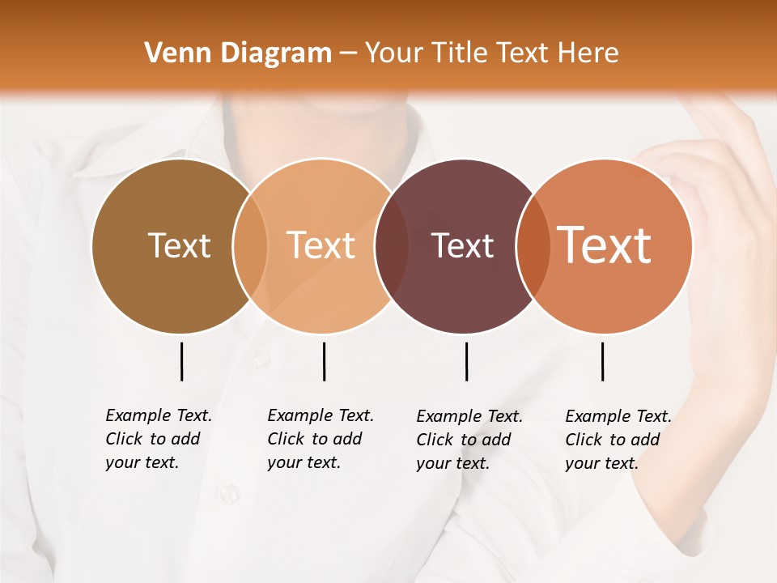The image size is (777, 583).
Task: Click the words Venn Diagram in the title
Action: click(x=238, y=53)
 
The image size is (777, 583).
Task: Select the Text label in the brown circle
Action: click(x=179, y=245)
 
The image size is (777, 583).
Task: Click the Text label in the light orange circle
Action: click(x=321, y=245)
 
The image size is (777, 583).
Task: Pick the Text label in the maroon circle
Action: click(x=462, y=245)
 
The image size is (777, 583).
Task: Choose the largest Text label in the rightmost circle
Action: click(x=605, y=245)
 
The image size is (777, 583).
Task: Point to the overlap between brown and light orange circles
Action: click(x=250, y=246)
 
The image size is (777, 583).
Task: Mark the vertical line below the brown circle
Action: click(x=181, y=361)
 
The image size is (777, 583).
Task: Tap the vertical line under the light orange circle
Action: click(x=324, y=361)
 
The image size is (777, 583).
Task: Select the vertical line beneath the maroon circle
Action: click(x=466, y=361)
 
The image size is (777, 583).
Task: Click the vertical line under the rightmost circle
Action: click(x=602, y=361)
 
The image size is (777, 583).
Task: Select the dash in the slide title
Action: click(x=348, y=54)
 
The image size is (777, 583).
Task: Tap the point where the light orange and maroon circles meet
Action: click(x=384, y=246)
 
